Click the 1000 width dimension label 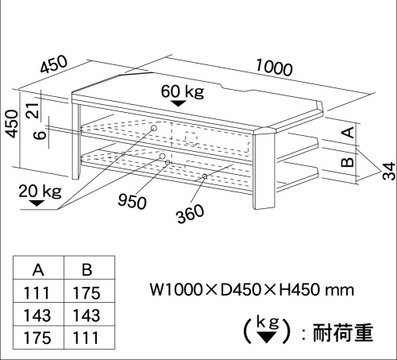point(275,68)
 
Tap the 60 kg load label point(183,91)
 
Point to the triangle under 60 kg point(178,103)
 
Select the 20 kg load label point(40,191)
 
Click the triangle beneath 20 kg point(37,203)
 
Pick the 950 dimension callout point(132,201)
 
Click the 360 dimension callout point(191,214)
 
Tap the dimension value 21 point(33,110)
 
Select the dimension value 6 point(40,134)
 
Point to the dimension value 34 point(389,172)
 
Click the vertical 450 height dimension point(13,124)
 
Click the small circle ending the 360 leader point(205,176)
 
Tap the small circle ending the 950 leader point(168,162)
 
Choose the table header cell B point(87,270)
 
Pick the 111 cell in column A point(37,293)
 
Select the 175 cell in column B point(87,293)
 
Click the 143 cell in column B point(87,315)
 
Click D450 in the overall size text point(241,290)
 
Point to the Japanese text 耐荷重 point(343,332)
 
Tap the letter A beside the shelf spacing point(350,133)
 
